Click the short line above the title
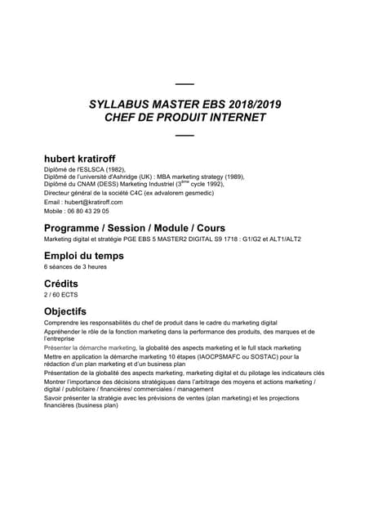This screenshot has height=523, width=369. [185, 85]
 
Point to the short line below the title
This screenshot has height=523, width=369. [185, 134]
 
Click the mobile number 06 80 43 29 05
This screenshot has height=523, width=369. [86, 210]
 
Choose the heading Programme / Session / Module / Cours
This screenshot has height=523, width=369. [135, 227]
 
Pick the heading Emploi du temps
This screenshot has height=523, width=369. [84, 256]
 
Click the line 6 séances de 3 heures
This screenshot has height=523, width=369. [74, 267]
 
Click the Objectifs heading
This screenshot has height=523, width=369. [65, 311]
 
